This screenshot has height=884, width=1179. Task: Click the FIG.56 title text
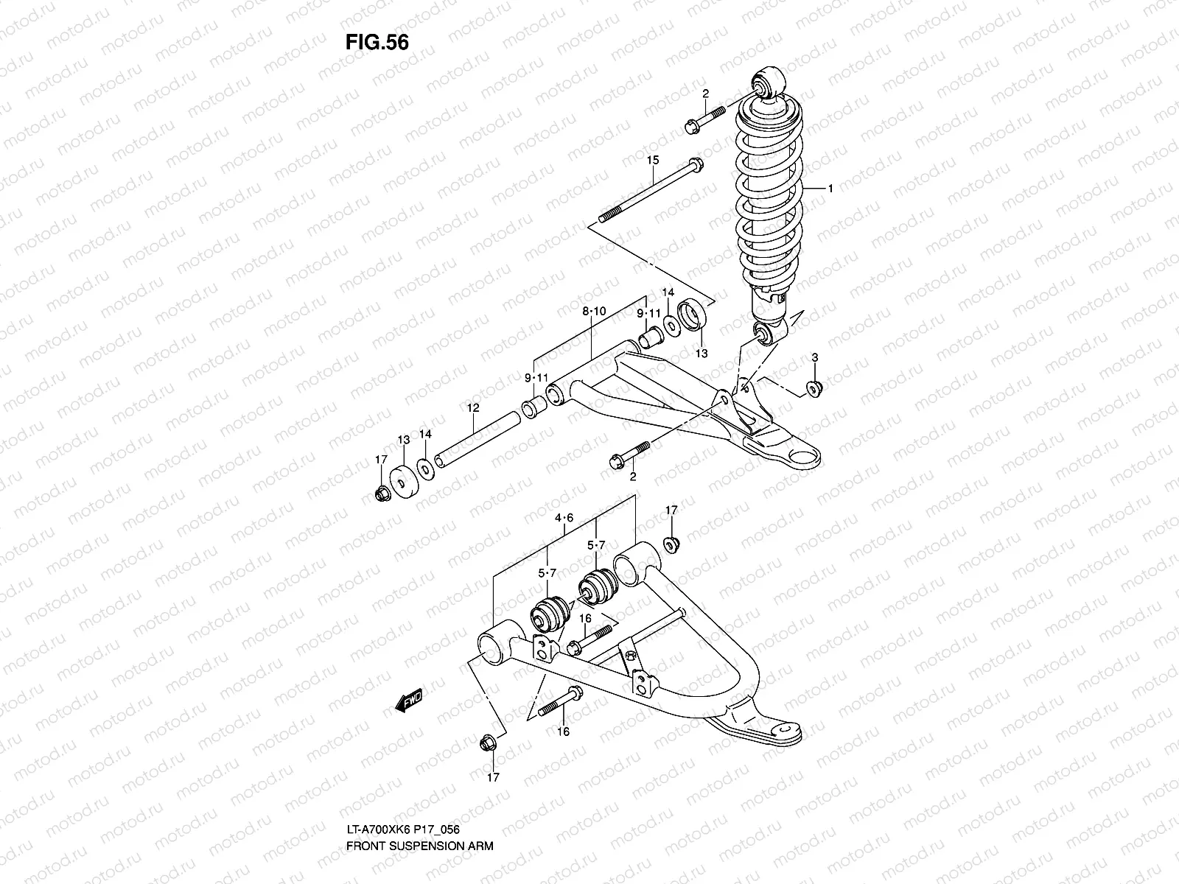(376, 43)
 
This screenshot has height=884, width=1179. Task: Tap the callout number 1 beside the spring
(830, 189)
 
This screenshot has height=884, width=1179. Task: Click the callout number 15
(652, 160)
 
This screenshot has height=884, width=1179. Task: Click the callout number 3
(814, 357)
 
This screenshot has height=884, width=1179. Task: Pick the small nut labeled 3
(815, 387)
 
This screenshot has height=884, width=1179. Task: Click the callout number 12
(472, 407)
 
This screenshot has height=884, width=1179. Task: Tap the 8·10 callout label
(593, 312)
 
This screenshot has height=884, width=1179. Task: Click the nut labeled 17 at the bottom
(487, 744)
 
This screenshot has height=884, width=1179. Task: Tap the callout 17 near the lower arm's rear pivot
(671, 510)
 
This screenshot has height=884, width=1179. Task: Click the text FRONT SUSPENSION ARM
(419, 805)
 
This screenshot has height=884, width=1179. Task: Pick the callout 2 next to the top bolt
(705, 94)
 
